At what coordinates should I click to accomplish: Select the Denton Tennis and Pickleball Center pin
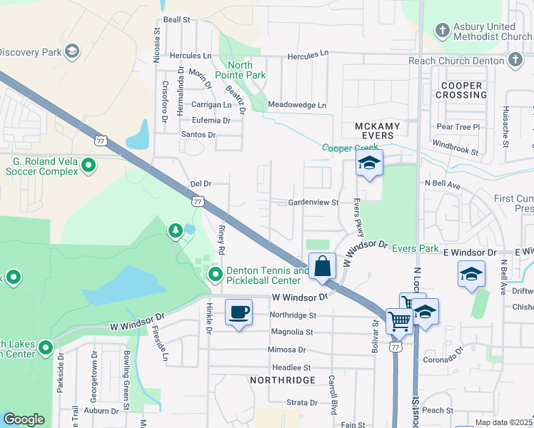(x=215, y=275)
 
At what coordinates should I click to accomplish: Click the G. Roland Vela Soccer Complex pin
(x=89, y=166)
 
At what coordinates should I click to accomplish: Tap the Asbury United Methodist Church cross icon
(x=443, y=31)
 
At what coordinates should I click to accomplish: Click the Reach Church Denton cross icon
(x=515, y=61)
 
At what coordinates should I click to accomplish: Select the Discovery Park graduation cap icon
(x=71, y=51)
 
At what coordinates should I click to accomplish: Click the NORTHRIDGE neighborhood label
(x=283, y=380)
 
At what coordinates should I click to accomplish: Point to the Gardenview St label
(x=313, y=203)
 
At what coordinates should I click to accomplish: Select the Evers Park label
(x=413, y=248)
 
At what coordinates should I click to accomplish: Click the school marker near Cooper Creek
(x=369, y=163)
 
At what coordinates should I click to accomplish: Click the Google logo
(x=24, y=419)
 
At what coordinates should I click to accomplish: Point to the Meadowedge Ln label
(x=297, y=106)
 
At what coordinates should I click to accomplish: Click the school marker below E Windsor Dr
(x=471, y=275)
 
